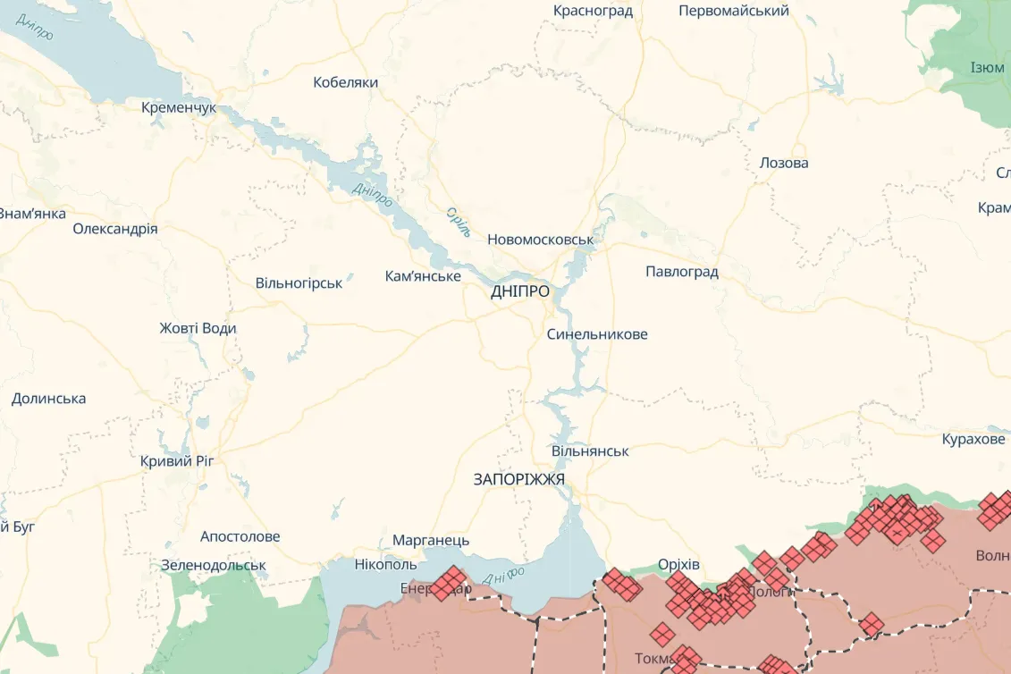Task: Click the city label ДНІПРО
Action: coord(519,291)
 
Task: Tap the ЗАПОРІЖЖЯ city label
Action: coord(518,479)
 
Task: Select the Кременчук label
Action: coord(179,107)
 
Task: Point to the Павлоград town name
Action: coord(681,272)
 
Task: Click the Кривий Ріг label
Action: coord(177,461)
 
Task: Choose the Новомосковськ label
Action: coord(540,240)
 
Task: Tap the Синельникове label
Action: coord(597,334)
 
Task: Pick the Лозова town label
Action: coord(783,163)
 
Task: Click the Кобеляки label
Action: coord(345,82)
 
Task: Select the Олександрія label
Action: coord(115,229)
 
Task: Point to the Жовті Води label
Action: coord(198,328)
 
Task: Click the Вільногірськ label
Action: coord(299,283)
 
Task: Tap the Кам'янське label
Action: coord(423,276)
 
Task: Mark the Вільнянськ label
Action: coord(590,451)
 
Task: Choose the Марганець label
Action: coord(431,541)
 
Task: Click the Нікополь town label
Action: coord(385,565)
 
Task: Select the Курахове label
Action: coord(973,440)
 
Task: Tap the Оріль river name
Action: coord(458,223)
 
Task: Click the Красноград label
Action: coord(593,11)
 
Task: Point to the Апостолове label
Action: coord(240,537)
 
